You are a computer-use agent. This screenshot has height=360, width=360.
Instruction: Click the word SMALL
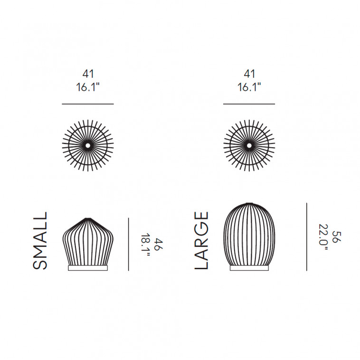[40, 241]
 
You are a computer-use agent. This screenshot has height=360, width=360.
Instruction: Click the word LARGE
[201, 240]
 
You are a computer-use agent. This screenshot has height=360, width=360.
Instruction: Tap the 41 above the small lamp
[88, 74]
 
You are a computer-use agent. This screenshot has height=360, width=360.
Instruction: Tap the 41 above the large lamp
[249, 74]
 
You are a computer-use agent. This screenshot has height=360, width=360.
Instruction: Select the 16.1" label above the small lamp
[88, 87]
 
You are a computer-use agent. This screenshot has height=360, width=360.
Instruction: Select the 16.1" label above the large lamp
[249, 87]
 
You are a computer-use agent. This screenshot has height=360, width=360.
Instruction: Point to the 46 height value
[159, 245]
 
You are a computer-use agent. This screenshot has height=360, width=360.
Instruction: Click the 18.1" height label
[145, 246]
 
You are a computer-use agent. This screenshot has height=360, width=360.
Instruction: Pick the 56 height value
[337, 237]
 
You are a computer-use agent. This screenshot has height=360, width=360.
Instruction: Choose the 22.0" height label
[323, 237]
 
